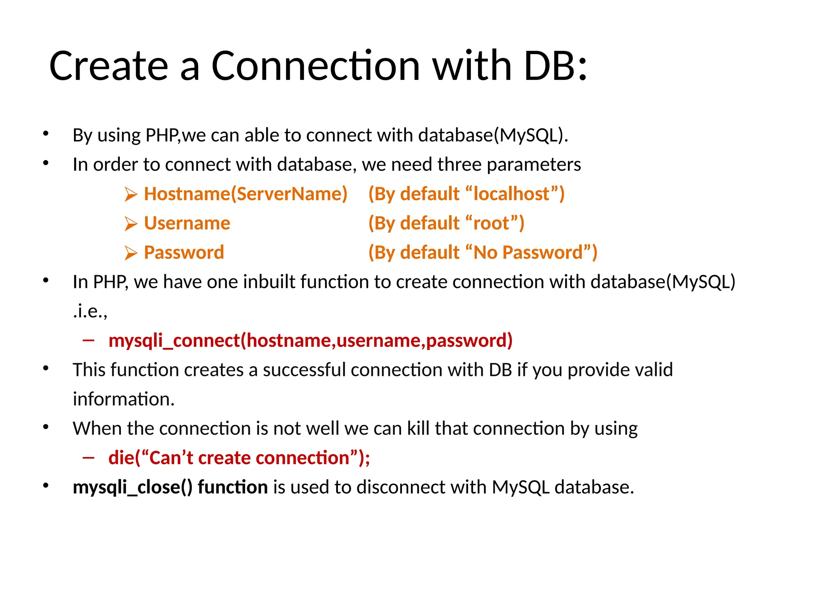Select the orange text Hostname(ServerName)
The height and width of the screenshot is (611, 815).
pyautogui.click(x=246, y=194)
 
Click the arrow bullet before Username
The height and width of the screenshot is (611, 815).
pyautogui.click(x=131, y=224)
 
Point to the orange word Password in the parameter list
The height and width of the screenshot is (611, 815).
pyautogui.click(x=184, y=253)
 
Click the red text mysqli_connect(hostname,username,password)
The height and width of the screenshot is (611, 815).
pyautogui.click(x=310, y=341)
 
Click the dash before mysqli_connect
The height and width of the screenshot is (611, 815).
pyautogui.click(x=88, y=340)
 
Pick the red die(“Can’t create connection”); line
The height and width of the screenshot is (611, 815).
pyautogui.click(x=239, y=458)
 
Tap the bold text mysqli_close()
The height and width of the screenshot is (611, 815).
pyautogui.click(x=133, y=487)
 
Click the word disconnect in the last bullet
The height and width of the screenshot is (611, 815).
pyautogui.click(x=410, y=487)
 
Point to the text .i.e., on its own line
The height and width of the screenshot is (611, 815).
pyautogui.click(x=90, y=311)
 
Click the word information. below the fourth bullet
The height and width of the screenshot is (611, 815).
pyautogui.click(x=124, y=399)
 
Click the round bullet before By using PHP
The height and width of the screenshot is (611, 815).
pyautogui.click(x=46, y=134)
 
